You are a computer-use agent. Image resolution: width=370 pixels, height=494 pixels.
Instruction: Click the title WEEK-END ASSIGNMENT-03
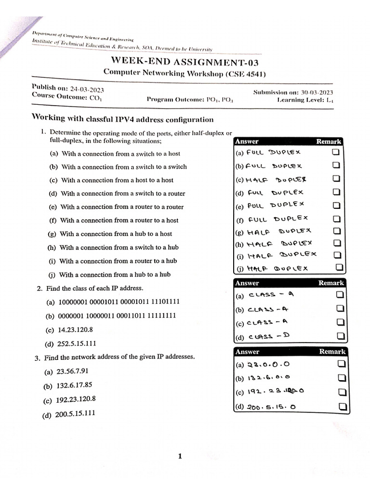pos(185,61)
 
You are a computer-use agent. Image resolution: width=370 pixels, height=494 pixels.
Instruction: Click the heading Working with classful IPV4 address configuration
pos(122,119)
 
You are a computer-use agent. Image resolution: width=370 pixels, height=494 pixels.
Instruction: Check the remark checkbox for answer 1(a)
pos(336,152)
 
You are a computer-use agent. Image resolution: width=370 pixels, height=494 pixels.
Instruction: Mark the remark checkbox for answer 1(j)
pos(339,267)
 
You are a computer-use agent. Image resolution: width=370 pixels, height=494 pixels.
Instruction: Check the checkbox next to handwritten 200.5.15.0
pos(343,407)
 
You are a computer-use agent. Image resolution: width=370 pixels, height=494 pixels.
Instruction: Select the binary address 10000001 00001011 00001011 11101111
pos(119,302)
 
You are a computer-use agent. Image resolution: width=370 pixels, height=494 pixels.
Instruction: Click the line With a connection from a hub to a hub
pos(115,275)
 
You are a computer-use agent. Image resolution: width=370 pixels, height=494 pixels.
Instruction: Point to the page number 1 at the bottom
pos(180,456)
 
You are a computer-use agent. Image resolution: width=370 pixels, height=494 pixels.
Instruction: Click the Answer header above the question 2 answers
pos(247,283)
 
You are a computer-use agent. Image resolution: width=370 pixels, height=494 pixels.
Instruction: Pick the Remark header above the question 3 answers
pos(331,352)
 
